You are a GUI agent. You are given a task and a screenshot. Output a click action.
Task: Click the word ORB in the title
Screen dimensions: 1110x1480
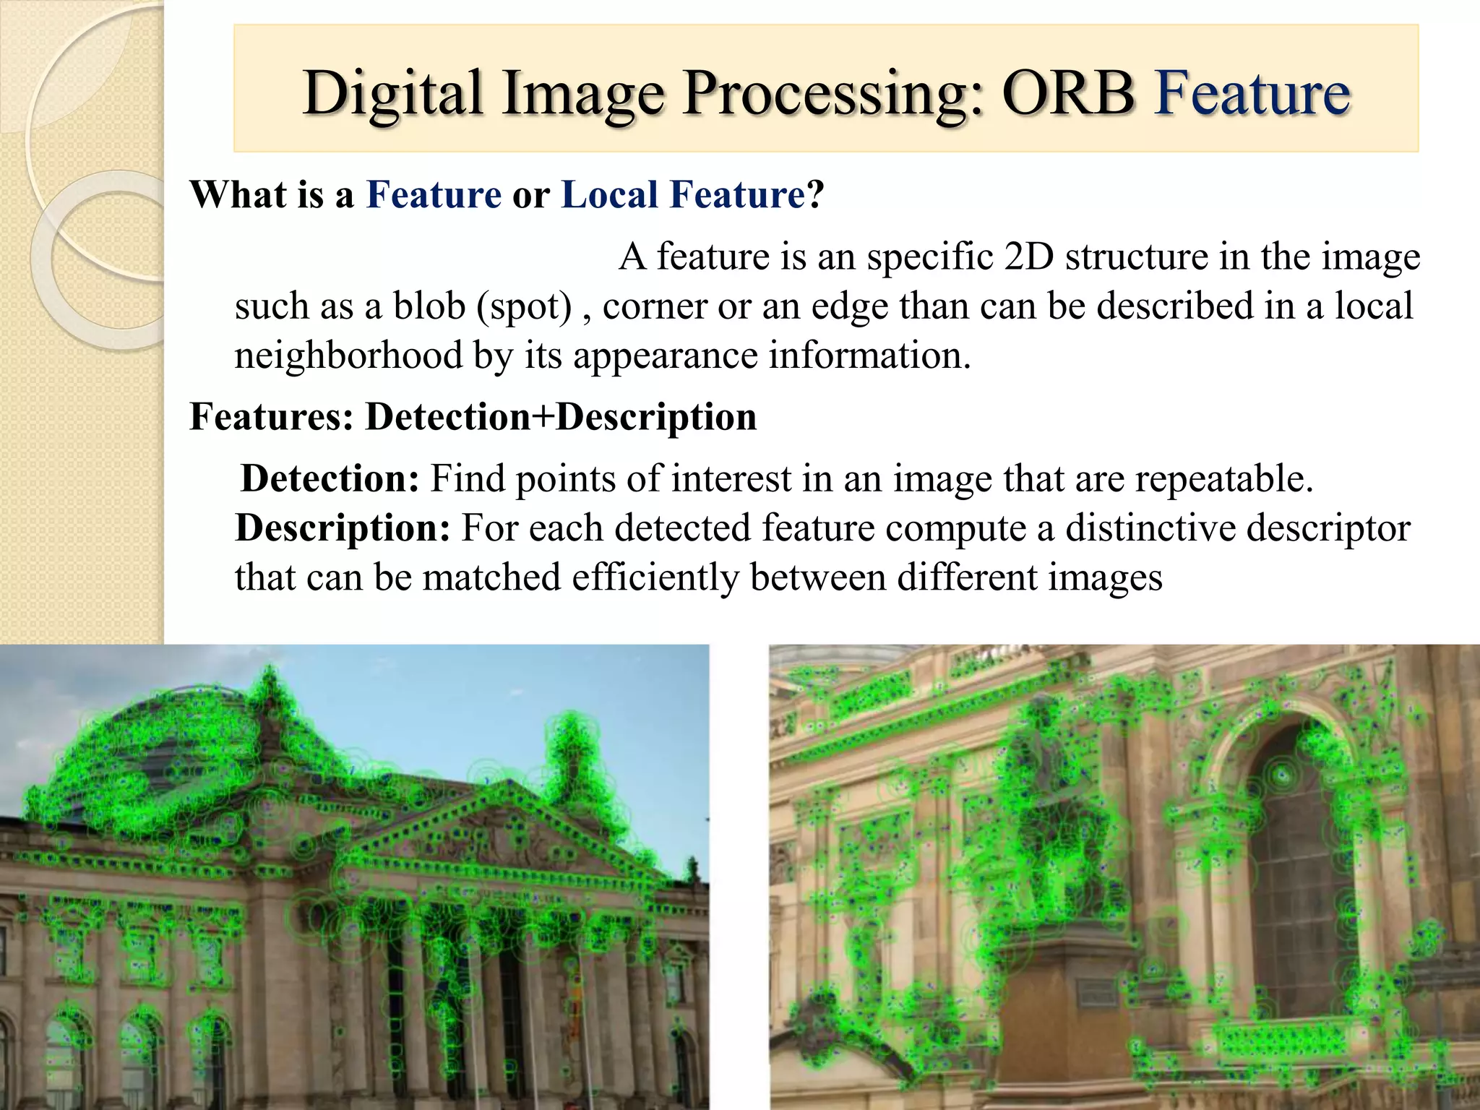1068,94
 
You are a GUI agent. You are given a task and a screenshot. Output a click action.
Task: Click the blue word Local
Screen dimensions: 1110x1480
609,194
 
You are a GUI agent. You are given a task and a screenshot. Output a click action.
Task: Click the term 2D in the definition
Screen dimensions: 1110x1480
1029,257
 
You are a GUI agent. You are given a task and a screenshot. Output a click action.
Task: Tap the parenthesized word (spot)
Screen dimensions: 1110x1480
524,306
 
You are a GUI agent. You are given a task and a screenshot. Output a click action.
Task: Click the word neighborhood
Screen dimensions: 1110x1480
348,356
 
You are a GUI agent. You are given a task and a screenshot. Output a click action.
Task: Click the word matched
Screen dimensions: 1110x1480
491,577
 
